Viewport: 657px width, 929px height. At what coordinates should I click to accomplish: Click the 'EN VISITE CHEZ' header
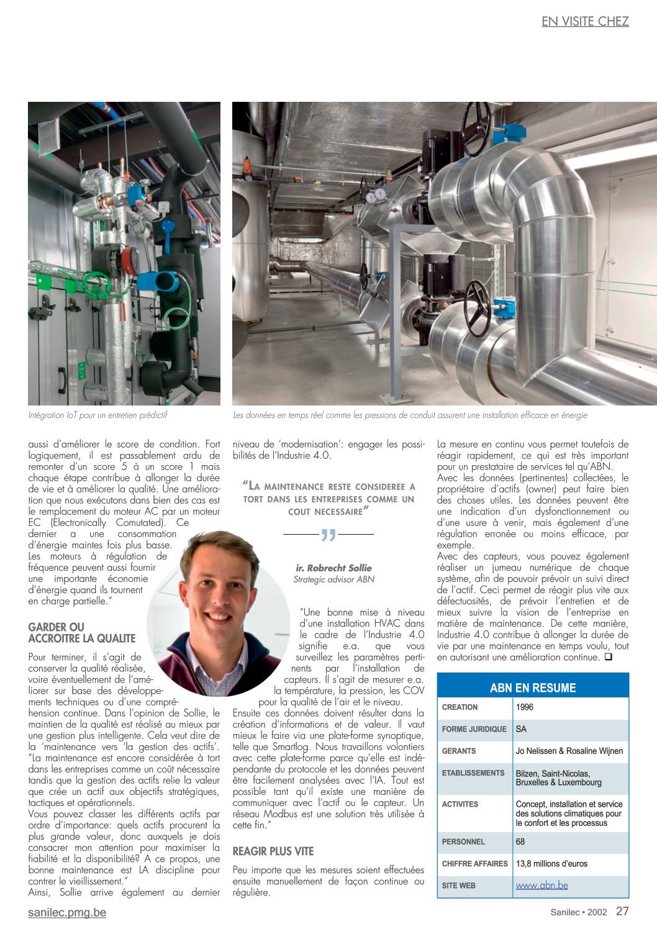pos(585,21)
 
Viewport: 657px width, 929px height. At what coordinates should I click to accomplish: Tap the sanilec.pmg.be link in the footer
pos(67,912)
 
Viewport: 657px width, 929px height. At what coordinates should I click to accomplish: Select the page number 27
pos(622,911)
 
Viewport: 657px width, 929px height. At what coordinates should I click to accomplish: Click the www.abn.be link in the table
pos(541,885)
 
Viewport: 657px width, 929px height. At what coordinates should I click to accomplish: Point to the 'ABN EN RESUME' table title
pos(533,687)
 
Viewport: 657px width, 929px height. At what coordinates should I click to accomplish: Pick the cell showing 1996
pos(525,707)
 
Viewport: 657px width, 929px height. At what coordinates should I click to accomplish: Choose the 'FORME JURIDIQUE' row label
pos(474,729)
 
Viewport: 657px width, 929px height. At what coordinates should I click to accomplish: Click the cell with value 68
pos(520,841)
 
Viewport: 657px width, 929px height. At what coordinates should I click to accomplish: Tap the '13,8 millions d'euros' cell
pos(551,863)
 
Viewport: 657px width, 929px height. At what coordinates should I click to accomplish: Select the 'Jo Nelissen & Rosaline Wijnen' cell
pos(569,751)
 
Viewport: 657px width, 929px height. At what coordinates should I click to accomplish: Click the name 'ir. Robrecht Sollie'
pos(333,568)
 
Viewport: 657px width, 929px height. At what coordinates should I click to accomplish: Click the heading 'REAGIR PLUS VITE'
pos(273,851)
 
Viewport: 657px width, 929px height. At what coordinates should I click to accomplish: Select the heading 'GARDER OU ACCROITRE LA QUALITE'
pos(81,633)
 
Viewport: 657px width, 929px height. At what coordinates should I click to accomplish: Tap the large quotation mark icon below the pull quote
pos(328,535)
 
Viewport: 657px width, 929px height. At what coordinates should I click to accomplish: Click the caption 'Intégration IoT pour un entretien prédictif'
pos(97,415)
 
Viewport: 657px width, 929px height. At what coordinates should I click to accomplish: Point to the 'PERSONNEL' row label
pos(463,841)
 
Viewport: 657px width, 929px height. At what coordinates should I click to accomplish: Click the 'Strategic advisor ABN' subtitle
pos(333,579)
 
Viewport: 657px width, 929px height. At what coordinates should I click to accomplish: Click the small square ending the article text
pos(608,657)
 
